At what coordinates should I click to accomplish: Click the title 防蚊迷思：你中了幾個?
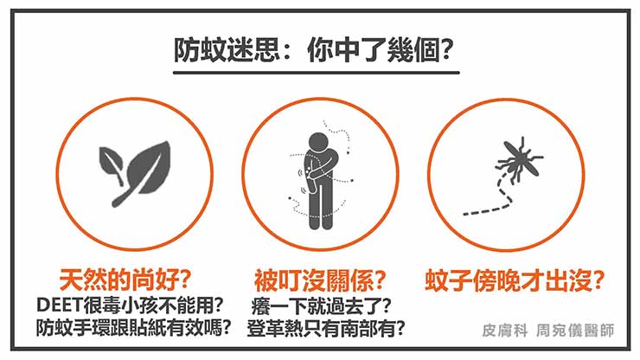pyautogui.click(x=314, y=50)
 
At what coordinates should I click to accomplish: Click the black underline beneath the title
pyautogui.click(x=317, y=73)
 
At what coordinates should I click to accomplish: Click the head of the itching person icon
pyautogui.click(x=318, y=143)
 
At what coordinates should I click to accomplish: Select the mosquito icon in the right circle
pyautogui.click(x=519, y=158)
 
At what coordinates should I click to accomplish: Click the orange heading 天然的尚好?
pyautogui.click(x=125, y=280)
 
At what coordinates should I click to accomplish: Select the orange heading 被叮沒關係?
pyautogui.click(x=320, y=280)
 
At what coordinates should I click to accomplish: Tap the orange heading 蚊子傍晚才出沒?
pyautogui.click(x=515, y=280)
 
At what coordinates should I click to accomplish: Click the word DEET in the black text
pyautogui.click(x=60, y=305)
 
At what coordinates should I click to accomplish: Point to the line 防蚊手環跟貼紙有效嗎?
pyautogui.click(x=134, y=328)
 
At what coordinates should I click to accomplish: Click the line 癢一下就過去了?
pyautogui.click(x=321, y=305)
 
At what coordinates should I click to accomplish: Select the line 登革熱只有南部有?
pyautogui.click(x=326, y=328)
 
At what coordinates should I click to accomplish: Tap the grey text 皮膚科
pyautogui.click(x=505, y=331)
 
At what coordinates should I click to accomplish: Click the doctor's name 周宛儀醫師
pyautogui.click(x=574, y=331)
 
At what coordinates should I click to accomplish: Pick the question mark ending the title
pyautogui.click(x=446, y=50)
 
